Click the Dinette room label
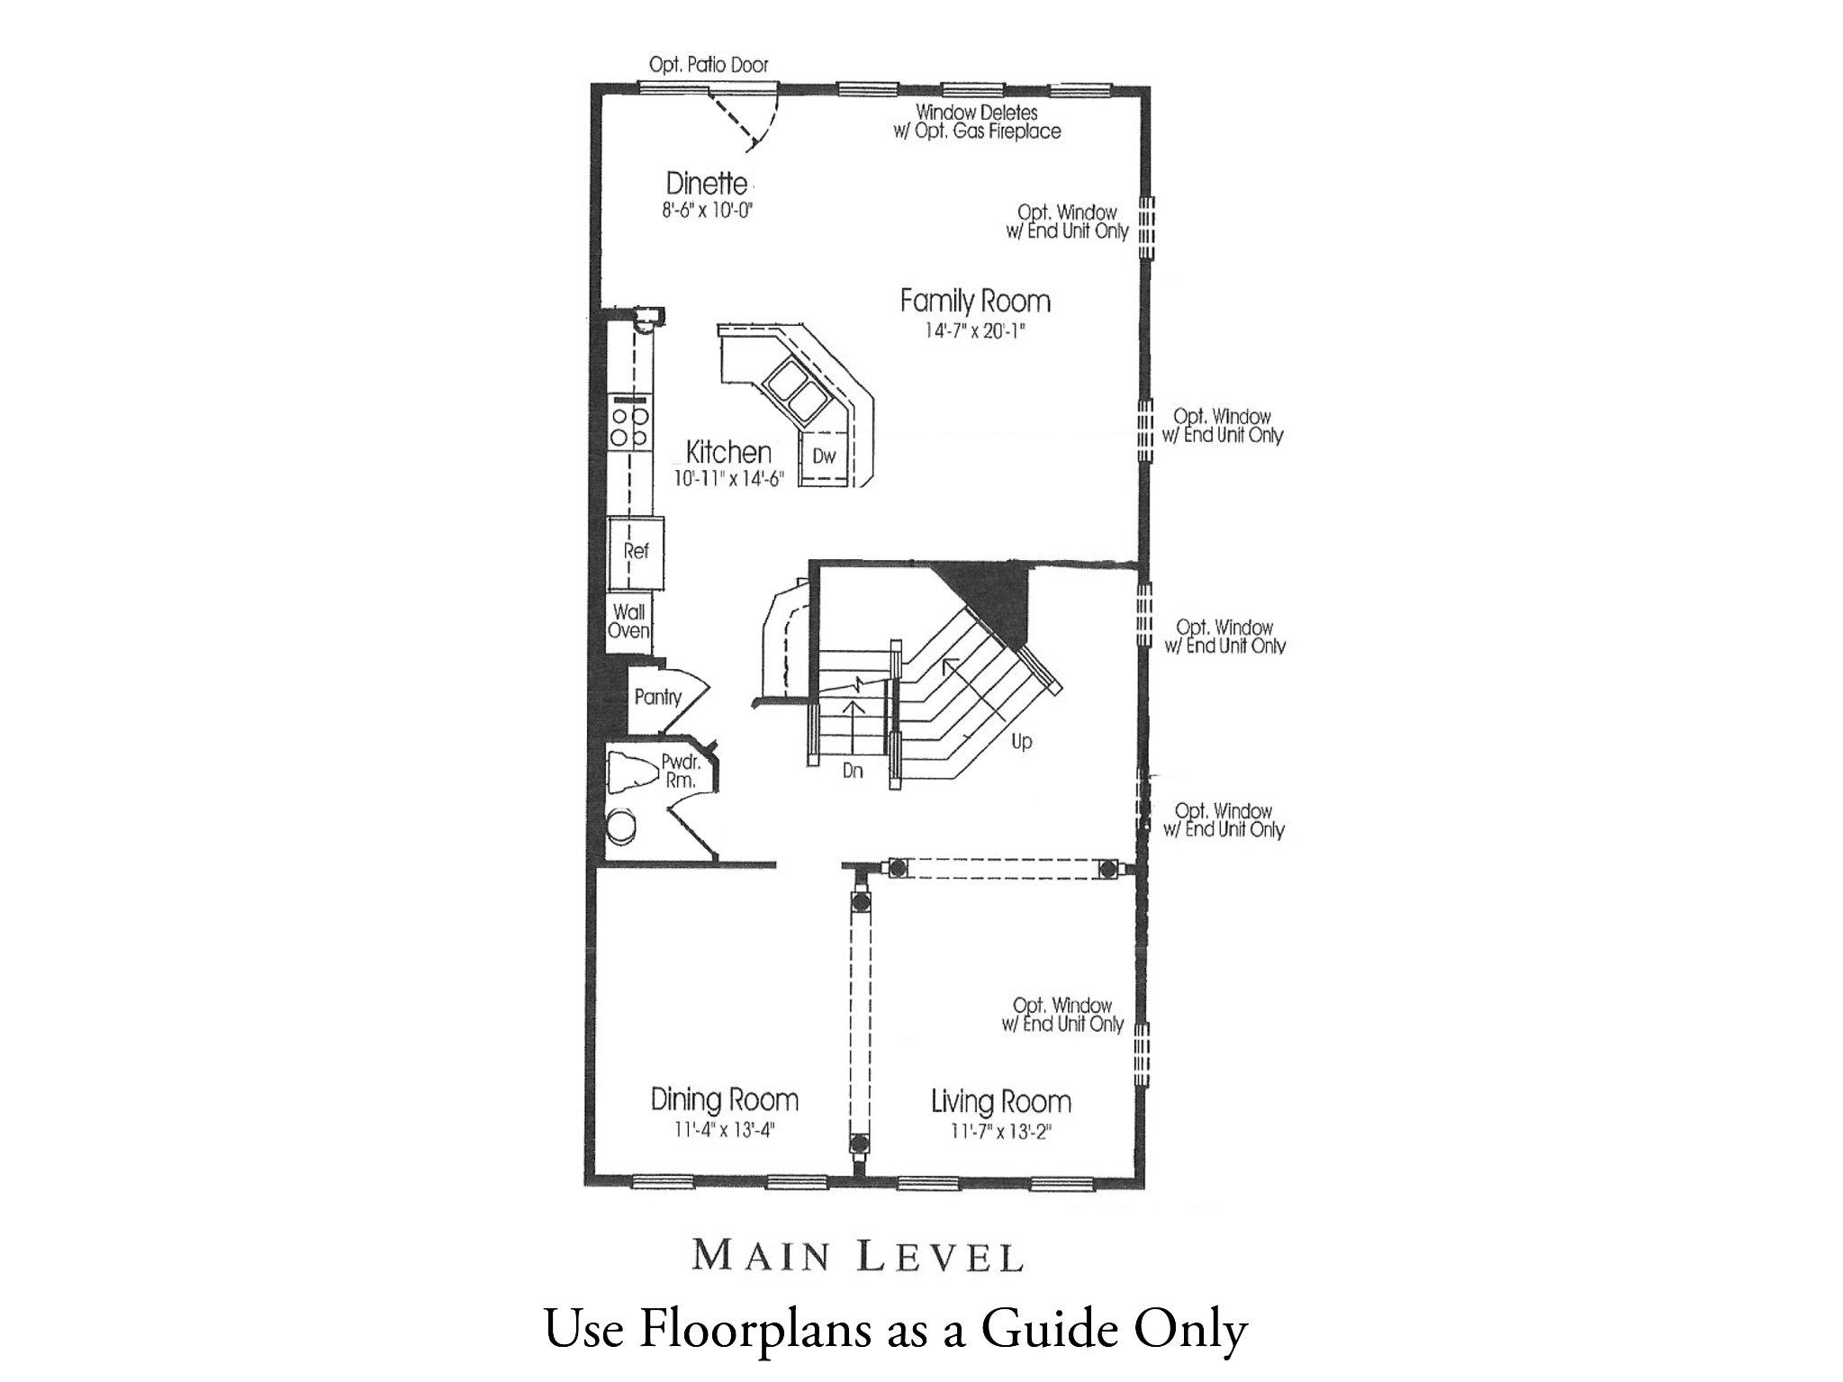click(707, 184)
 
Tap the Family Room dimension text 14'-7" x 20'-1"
click(975, 330)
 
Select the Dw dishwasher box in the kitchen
click(824, 456)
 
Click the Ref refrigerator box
click(636, 550)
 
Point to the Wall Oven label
click(628, 621)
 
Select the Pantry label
click(657, 697)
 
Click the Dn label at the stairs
click(853, 771)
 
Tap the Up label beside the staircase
click(1021, 743)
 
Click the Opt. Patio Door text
click(709, 65)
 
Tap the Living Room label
click(1000, 1101)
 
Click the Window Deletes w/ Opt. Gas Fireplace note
click(988, 122)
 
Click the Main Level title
click(857, 1257)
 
